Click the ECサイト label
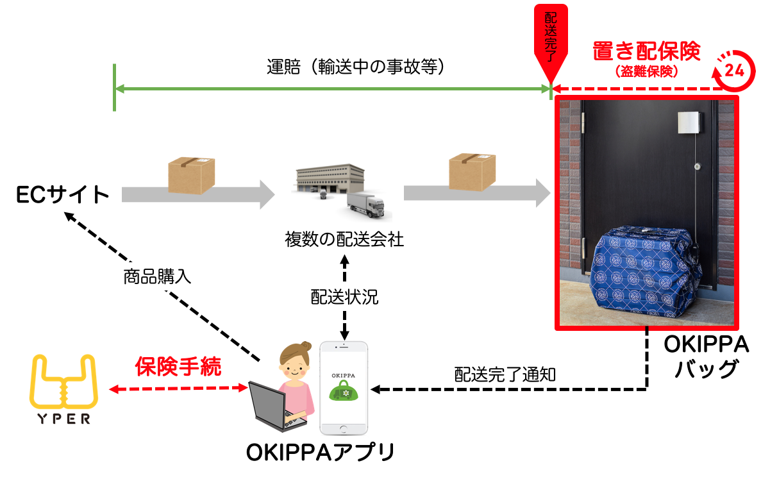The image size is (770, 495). tap(63, 195)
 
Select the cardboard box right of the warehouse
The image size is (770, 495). tap(472, 171)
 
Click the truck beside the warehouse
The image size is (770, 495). tap(366, 207)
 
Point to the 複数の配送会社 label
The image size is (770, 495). tap(344, 240)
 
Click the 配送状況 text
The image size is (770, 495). tap(344, 297)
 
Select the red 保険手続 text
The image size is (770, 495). tap(178, 367)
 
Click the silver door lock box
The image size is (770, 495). tap(689, 122)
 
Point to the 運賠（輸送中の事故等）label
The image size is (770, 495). tap(355, 67)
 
